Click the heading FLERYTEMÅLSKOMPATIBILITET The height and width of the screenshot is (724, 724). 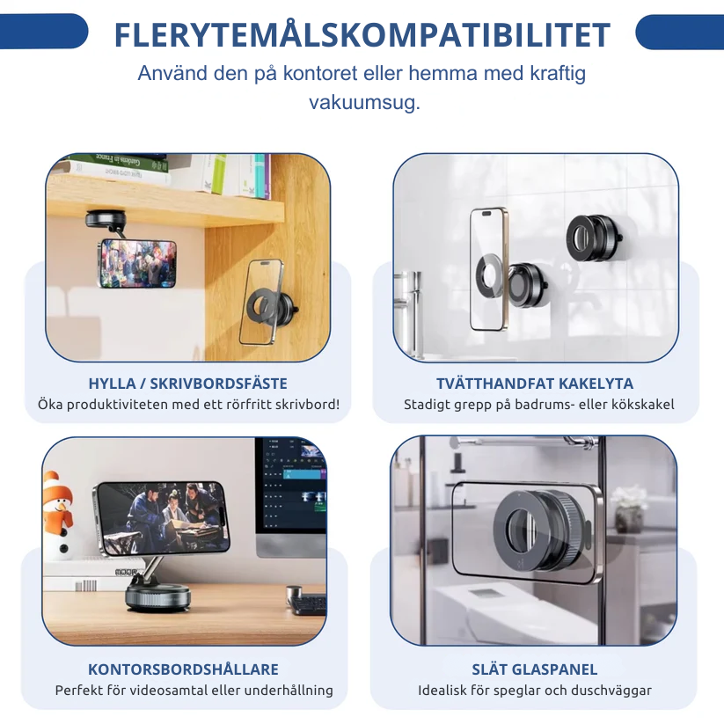(x=362, y=35)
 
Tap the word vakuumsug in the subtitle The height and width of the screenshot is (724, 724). (x=364, y=102)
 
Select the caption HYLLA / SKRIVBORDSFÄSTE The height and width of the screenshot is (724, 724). (x=188, y=384)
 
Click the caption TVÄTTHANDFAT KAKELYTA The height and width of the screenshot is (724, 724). (x=535, y=384)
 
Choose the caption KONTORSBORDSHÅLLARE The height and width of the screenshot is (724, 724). (x=183, y=669)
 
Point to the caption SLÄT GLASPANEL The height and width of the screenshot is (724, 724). (x=534, y=669)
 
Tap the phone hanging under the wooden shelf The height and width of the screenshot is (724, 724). (x=137, y=263)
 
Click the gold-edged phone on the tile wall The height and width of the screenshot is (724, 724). (x=488, y=268)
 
